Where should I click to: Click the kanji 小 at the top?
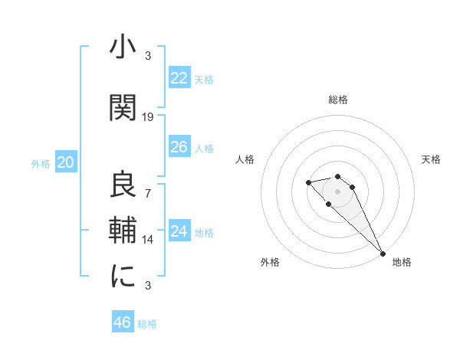point(123,47)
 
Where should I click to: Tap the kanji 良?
point(123,185)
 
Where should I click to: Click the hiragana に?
point(123,277)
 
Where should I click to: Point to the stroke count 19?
point(148,116)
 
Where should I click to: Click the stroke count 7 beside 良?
point(148,192)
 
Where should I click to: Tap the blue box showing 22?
point(179,77)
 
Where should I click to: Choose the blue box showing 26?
point(179,146)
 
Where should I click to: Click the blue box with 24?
point(179,231)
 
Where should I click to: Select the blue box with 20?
point(66,162)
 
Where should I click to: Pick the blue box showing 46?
point(123,322)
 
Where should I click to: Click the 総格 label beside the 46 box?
point(147,324)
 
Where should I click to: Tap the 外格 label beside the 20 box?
point(41,163)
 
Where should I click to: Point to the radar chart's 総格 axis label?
point(337,100)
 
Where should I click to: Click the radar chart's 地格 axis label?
point(402,262)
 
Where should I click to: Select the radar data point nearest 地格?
point(383,254)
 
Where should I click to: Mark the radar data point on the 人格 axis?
point(308,182)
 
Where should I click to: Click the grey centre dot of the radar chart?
point(337,191)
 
